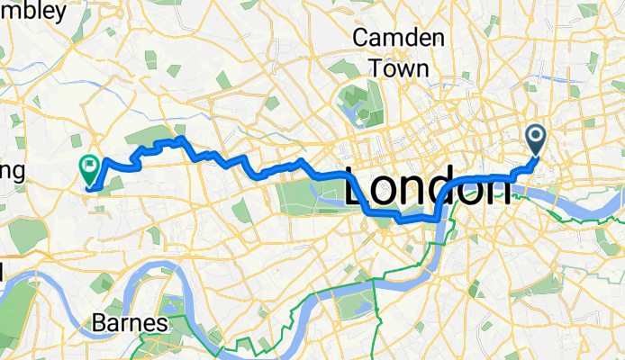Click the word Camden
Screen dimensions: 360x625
(x=399, y=38)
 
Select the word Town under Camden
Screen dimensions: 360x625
(x=399, y=67)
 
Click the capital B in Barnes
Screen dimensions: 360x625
(x=99, y=323)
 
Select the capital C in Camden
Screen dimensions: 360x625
(x=362, y=38)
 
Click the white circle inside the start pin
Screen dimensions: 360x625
(x=536, y=136)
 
